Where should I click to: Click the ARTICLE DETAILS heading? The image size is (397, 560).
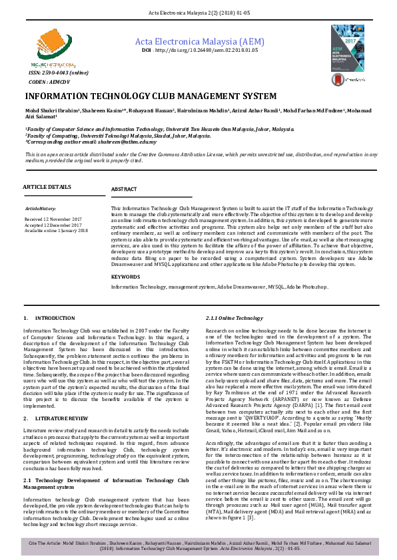coord(47,187)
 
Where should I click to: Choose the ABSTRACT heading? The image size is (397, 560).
coord(124,190)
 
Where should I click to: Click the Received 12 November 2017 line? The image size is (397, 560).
coord(53,219)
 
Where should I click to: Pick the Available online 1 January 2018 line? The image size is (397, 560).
coord(56,230)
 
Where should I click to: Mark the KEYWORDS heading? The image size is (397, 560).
coord(125,276)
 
